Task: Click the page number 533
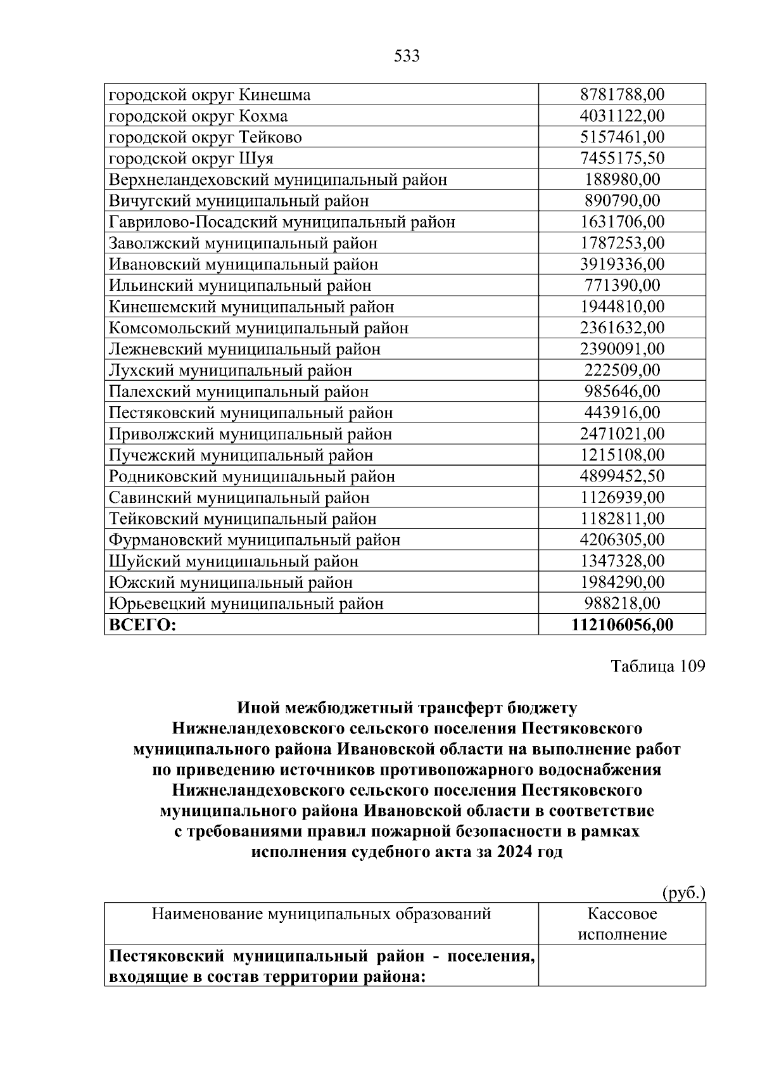(407, 56)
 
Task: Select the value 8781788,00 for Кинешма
(622, 95)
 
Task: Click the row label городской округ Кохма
(198, 116)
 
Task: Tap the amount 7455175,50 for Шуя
(622, 158)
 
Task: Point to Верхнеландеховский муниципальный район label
(278, 180)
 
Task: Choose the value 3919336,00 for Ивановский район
(622, 264)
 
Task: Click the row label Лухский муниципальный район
(231, 371)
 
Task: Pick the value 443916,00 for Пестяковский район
(622, 413)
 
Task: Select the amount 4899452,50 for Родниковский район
(622, 476)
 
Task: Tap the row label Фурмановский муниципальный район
(255, 540)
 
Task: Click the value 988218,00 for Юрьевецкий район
(622, 604)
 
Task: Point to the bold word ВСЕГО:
(142, 625)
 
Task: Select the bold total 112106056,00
(622, 625)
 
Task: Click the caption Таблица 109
(657, 667)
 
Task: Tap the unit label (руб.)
(683, 893)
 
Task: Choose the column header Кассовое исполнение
(622, 924)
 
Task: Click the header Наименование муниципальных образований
(321, 914)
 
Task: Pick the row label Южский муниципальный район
(231, 583)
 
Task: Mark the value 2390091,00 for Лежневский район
(622, 349)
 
